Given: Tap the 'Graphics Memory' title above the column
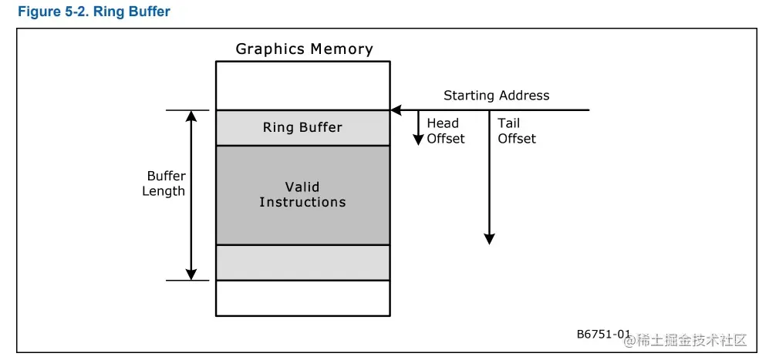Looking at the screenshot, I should click(x=304, y=49).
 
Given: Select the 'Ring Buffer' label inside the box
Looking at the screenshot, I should click(x=302, y=127).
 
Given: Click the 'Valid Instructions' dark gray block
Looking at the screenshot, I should click(x=302, y=194).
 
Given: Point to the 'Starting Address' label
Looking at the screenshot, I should click(x=496, y=96).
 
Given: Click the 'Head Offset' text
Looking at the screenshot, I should click(x=445, y=131).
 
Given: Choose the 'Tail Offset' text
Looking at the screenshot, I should click(x=516, y=131).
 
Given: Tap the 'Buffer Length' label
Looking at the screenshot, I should click(x=164, y=183).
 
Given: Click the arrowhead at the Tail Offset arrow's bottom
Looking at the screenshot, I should click(x=488, y=239).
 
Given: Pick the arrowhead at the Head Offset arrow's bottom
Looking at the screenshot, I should click(x=417, y=140).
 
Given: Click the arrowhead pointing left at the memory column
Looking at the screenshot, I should click(x=396, y=110).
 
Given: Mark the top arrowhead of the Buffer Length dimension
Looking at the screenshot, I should click(x=191, y=116).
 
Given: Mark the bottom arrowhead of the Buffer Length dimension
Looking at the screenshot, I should click(x=191, y=274).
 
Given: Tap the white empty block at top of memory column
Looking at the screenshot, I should click(x=302, y=86).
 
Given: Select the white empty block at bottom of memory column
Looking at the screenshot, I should click(x=302, y=298).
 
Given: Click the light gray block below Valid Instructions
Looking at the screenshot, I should click(x=302, y=262).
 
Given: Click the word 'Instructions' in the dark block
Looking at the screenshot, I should click(x=302, y=203).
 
